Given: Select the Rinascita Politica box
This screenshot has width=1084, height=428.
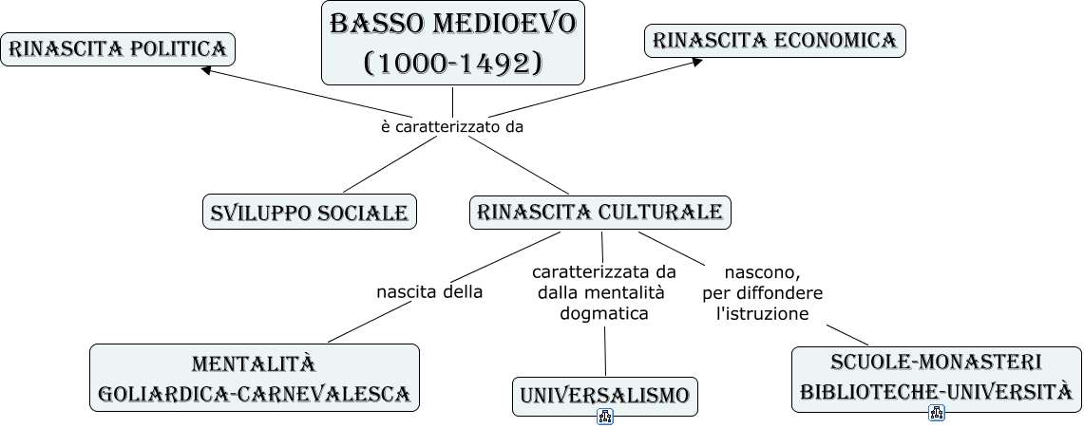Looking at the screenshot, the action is [118, 48].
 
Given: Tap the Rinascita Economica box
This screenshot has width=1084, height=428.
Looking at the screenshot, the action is [775, 41].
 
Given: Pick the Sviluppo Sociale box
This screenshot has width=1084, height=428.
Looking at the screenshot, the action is [310, 212].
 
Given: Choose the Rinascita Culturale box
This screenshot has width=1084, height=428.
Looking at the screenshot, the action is [600, 212].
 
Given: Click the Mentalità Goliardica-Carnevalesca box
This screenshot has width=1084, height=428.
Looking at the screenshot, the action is [255, 378].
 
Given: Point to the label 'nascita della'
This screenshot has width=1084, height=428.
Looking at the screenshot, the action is [429, 292].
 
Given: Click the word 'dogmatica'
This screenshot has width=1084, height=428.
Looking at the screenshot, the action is [604, 313].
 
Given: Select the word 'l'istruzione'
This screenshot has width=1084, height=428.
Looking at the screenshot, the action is [762, 313].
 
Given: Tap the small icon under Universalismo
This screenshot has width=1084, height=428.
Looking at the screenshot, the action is [605, 417].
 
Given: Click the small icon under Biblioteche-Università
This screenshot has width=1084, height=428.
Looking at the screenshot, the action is [937, 413].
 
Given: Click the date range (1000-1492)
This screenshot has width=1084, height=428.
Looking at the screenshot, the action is [452, 63].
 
